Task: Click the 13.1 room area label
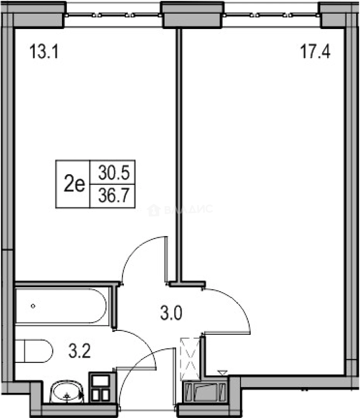pos(44,51)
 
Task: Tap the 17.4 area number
pos(315,51)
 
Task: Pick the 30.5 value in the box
pos(113,172)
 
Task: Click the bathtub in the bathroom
pos(61,306)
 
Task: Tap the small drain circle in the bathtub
pos(33,306)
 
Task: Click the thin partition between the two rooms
pos(179,155)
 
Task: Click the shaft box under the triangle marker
pos(206,391)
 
